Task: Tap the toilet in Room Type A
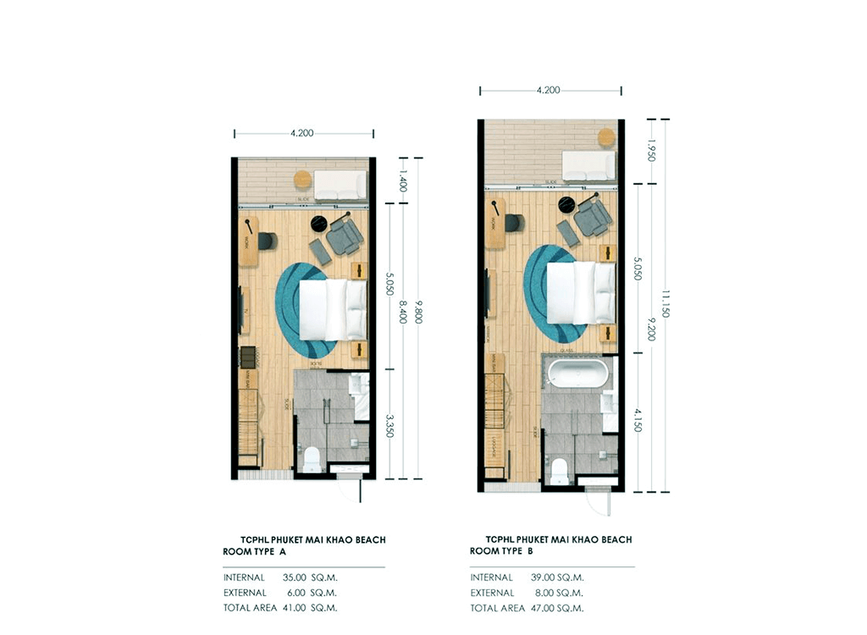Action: click(x=312, y=460)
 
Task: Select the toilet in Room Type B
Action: click(x=559, y=471)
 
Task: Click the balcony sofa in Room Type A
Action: click(x=340, y=185)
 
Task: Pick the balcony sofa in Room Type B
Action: click(x=589, y=165)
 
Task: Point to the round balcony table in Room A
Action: click(x=302, y=179)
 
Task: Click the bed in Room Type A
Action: click(x=333, y=308)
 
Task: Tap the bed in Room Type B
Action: click(x=581, y=292)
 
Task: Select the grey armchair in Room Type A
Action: click(x=345, y=235)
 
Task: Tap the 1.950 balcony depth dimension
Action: click(x=651, y=152)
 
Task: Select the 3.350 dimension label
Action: click(x=389, y=424)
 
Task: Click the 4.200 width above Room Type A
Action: click(x=302, y=133)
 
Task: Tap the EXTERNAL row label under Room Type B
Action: click(x=492, y=593)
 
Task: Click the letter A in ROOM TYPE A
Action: click(x=283, y=551)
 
